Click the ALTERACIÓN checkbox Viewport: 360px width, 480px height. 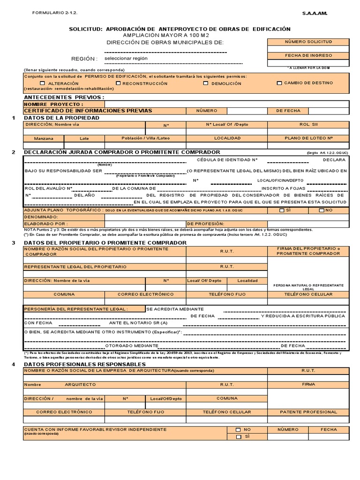click(43, 83)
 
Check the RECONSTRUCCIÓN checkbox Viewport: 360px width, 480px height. click(119, 83)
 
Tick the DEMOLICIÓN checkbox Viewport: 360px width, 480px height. click(206, 83)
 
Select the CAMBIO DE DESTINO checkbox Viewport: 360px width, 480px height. click(279, 83)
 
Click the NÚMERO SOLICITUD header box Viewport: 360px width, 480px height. click(308, 42)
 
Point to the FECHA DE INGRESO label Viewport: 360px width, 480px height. click(308, 55)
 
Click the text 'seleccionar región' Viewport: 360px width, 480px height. click(126, 59)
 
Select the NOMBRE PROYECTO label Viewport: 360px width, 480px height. click(54, 104)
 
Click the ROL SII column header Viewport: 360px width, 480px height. click(308, 125)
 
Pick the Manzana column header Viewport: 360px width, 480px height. click(44, 138)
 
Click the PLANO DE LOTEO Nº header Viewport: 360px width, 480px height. click(308, 138)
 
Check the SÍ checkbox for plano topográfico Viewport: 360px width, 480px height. click(282, 210)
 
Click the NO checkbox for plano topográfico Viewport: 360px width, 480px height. click(321, 210)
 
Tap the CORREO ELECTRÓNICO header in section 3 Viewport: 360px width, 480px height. click(145, 294)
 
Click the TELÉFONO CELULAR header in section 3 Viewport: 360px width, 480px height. click(308, 294)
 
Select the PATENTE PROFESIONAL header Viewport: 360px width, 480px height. click(308, 412)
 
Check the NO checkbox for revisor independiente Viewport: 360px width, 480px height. click(238, 429)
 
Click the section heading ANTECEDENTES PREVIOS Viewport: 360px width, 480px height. click(64, 97)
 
